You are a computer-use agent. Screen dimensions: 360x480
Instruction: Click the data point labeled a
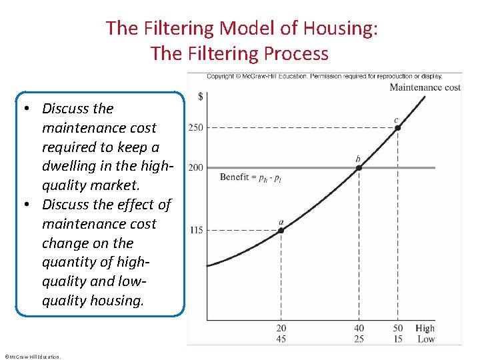[x=281, y=230]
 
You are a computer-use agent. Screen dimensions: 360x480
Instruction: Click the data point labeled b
[x=359, y=167]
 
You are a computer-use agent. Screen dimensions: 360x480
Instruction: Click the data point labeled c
[x=398, y=127]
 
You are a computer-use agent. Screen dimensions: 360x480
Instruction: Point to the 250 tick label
[x=196, y=127]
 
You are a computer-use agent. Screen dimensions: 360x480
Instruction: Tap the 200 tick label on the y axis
[x=196, y=167]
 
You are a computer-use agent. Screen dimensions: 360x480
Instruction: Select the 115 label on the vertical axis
[x=196, y=230]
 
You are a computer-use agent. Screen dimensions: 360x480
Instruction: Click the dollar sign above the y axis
[x=201, y=97]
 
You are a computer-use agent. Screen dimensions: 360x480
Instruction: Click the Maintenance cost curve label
[x=425, y=87]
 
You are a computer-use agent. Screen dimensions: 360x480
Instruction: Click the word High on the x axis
[x=425, y=328]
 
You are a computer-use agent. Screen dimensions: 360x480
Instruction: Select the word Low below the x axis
[x=426, y=339]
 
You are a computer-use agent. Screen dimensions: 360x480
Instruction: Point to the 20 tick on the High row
[x=281, y=328]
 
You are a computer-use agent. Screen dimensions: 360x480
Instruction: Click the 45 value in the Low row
[x=281, y=339]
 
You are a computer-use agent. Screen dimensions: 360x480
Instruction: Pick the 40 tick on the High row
[x=359, y=328]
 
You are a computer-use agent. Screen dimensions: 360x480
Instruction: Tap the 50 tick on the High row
[x=398, y=328]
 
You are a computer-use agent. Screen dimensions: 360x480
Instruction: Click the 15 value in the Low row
[x=398, y=339]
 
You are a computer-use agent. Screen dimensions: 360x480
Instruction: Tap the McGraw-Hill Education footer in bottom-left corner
[x=32, y=357]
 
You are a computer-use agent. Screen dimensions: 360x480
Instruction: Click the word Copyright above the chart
[x=221, y=76]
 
